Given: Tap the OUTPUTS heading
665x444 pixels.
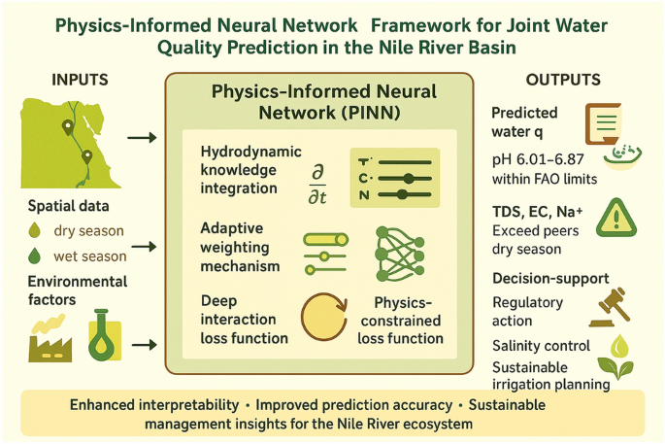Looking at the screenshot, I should [563, 79].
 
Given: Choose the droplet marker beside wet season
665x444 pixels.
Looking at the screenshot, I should [36, 256].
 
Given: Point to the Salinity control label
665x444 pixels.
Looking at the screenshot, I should [541, 346].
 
